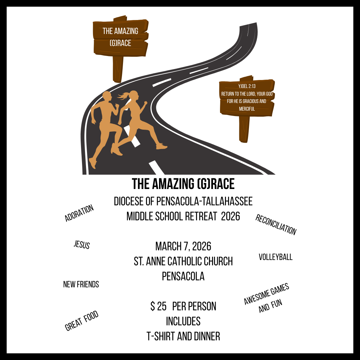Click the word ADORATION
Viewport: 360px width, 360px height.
pyautogui.click(x=79, y=213)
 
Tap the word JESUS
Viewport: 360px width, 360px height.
pyautogui.click(x=82, y=245)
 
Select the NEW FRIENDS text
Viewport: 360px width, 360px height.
pyautogui.click(x=81, y=284)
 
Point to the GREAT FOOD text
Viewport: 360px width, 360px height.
pyautogui.click(x=82, y=321)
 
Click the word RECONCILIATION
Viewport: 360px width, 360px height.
pyautogui.click(x=276, y=224)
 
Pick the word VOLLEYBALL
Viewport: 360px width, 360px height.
pyautogui.click(x=276, y=257)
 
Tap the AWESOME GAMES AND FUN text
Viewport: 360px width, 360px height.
pyautogui.click(x=267, y=298)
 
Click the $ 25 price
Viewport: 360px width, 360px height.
pyautogui.click(x=158, y=306)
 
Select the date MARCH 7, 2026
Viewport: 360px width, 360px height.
pyautogui.click(x=183, y=247)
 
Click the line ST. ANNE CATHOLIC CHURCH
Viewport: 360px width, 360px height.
pyautogui.click(x=183, y=261)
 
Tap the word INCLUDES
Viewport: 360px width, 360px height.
pyautogui.click(x=183, y=321)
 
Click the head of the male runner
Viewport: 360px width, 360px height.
pyautogui.click(x=107, y=96)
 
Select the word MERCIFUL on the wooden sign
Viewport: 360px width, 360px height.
pyautogui.click(x=247, y=109)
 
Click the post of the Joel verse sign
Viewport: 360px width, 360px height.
pyautogui.click(x=244, y=129)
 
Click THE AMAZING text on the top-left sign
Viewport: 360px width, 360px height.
pyautogui.click(x=120, y=31)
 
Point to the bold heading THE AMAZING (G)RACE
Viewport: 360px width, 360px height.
pyautogui.click(x=183, y=184)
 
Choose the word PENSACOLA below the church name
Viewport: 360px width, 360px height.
pyautogui.click(x=183, y=276)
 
